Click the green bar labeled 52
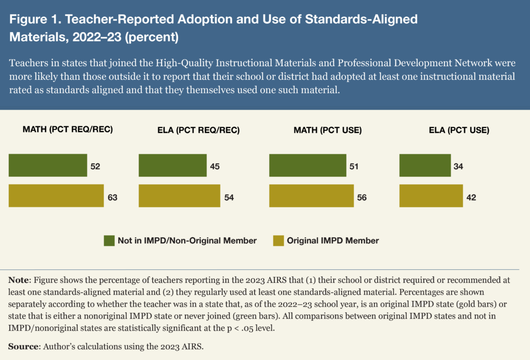[x=48, y=166]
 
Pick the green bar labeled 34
[x=424, y=166]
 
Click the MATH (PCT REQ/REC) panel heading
[x=68, y=130]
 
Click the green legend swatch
[x=109, y=241]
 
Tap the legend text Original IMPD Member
[x=333, y=241]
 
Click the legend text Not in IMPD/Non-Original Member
[x=187, y=241]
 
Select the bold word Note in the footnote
[x=19, y=280]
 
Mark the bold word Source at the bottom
[x=23, y=346]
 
